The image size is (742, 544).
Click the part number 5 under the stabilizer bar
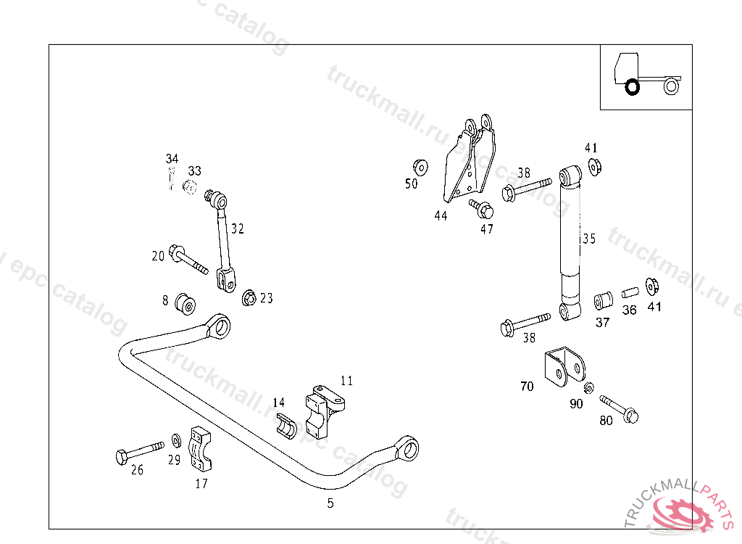[330, 503]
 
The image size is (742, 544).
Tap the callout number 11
[347, 380]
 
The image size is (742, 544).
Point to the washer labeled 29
[176, 440]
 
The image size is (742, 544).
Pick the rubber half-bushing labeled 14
[287, 426]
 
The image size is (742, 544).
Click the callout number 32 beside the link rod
[238, 228]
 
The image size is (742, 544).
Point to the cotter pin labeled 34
[171, 178]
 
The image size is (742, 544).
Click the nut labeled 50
[419, 165]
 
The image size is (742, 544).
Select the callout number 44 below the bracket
[441, 215]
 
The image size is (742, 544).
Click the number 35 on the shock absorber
[588, 239]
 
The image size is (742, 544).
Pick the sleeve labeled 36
[630, 292]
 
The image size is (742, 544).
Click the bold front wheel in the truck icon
[632, 87]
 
